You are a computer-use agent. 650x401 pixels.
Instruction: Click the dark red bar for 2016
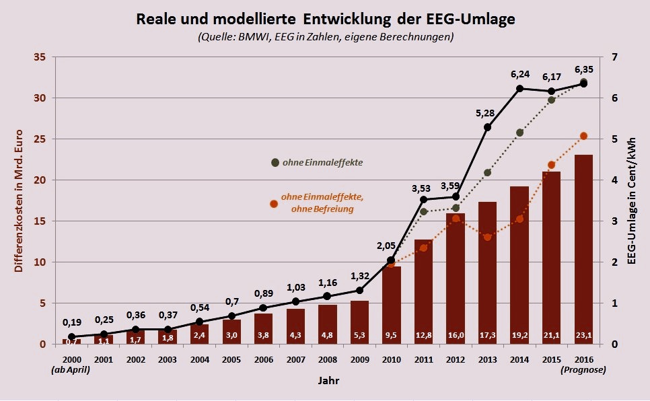(x=583, y=249)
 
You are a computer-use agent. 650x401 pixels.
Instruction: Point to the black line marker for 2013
(x=487, y=127)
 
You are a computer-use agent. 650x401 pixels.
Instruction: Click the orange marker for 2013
(x=487, y=237)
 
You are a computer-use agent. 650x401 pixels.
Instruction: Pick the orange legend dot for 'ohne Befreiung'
(x=274, y=204)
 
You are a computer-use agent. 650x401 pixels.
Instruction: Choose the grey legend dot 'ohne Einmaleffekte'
(x=275, y=162)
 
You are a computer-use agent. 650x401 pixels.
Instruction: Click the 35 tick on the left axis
(x=39, y=57)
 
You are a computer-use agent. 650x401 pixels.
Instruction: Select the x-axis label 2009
(x=360, y=359)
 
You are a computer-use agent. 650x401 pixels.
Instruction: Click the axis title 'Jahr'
(x=328, y=381)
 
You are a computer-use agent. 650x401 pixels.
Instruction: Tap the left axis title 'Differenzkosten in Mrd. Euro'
(x=18, y=200)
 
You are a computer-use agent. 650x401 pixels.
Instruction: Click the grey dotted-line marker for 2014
(x=519, y=133)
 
